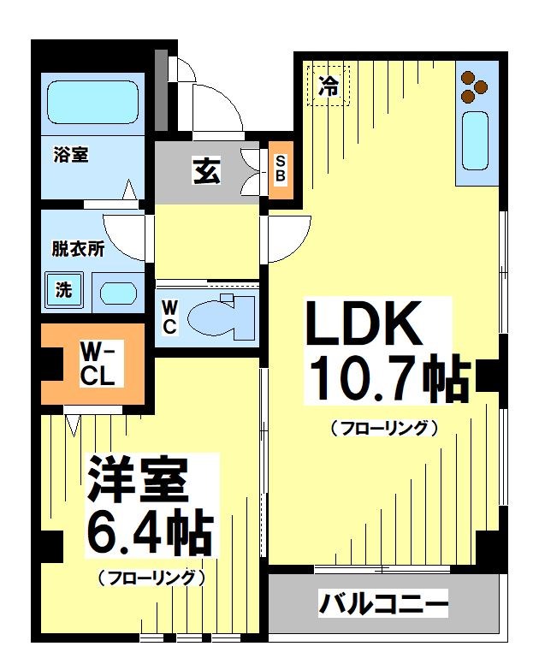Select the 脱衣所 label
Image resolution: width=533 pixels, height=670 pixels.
(78, 250)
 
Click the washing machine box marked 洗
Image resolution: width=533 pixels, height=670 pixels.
(64, 290)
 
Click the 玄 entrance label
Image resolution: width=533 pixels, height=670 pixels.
(205, 171)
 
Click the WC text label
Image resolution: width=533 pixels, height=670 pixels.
(169, 315)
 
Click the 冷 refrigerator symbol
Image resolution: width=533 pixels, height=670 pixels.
(329, 85)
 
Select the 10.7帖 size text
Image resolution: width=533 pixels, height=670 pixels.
(388, 381)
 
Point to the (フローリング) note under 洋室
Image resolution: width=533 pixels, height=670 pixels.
(151, 578)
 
